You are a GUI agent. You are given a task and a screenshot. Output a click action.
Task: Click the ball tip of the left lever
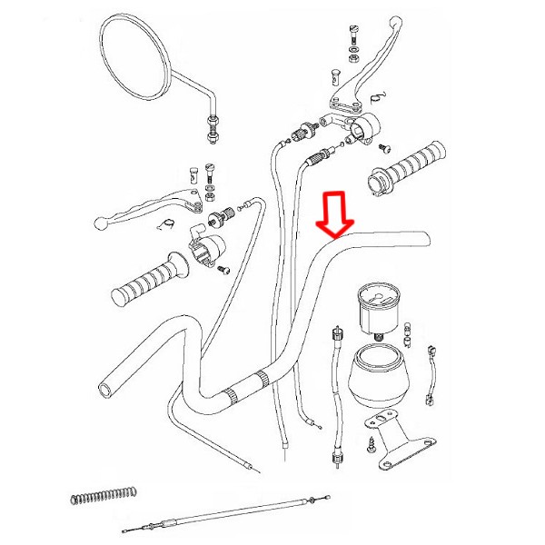pos(101,221)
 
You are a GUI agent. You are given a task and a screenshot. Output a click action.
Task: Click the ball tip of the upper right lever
pos(394,20)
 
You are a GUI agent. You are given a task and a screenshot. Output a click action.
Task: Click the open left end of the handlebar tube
pos(106,389)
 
